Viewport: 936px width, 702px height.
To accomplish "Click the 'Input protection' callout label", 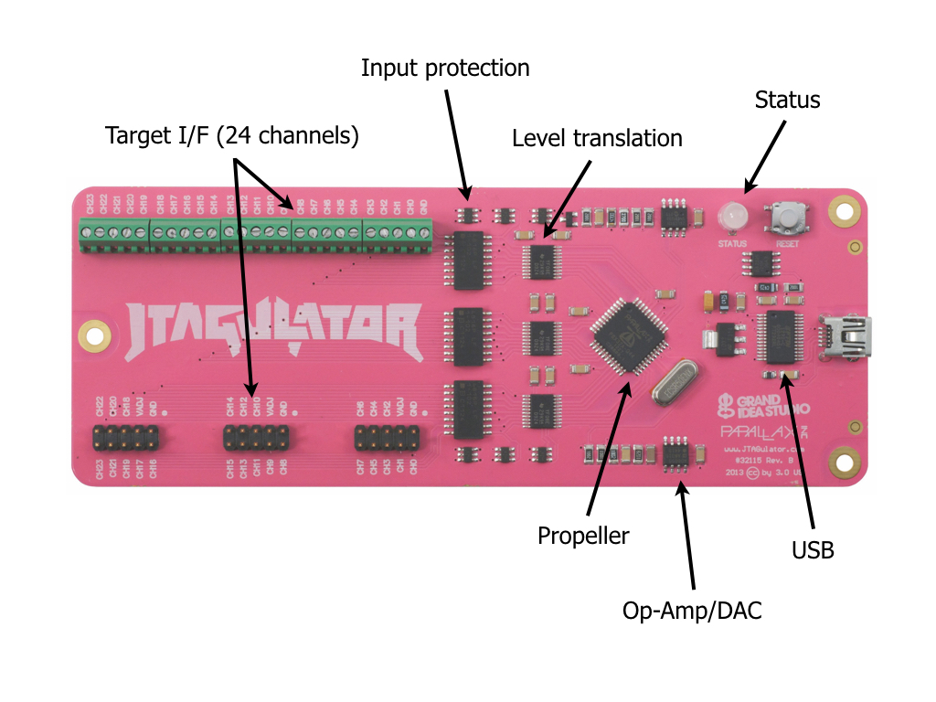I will point(445,68).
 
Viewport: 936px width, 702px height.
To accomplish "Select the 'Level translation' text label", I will point(597,139).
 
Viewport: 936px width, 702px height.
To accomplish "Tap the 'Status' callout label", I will point(787,100).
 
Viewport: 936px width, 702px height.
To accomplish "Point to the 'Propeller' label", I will point(583,536).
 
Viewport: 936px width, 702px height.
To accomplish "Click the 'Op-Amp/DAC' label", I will point(692,610).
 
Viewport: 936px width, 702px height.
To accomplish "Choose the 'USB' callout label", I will point(813,550).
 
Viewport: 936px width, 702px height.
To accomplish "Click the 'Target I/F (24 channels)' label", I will point(232,136).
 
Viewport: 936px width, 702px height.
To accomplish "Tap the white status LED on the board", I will point(731,217).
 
